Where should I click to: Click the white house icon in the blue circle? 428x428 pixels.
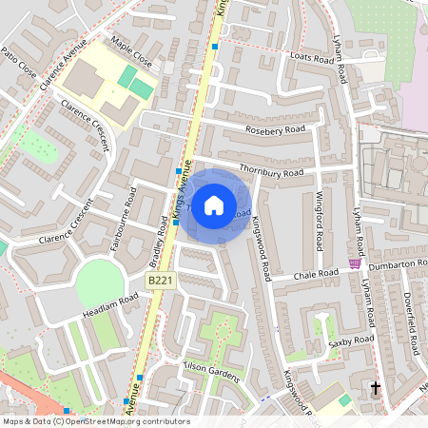(x=214, y=204)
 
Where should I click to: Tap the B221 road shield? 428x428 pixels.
(x=160, y=282)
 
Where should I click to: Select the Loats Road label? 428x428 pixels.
(x=311, y=59)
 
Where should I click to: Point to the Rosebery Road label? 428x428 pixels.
(x=275, y=128)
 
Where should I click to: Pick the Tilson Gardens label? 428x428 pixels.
(x=212, y=374)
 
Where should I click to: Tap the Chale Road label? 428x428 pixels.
(x=317, y=274)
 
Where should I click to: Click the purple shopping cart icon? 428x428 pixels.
(x=355, y=263)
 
